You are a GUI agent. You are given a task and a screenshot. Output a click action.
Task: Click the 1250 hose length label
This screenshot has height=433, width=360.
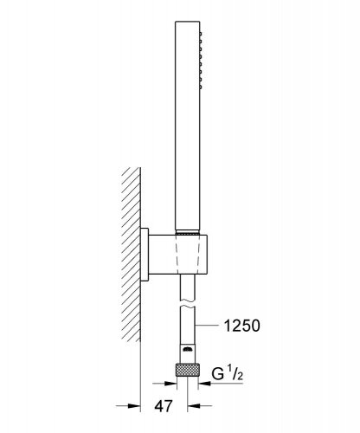pos(242,326)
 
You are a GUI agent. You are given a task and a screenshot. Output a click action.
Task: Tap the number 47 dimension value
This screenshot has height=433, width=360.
pos(164,406)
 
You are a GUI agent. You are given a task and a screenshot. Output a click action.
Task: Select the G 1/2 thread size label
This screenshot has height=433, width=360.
pos(228,373)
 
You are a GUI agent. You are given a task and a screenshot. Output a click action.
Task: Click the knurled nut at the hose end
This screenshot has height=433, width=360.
pos(188,370)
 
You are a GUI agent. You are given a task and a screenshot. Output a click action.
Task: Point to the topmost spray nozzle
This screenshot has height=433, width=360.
pos(201,34)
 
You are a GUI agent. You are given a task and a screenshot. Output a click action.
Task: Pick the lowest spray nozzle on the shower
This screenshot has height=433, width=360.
pos(201,87)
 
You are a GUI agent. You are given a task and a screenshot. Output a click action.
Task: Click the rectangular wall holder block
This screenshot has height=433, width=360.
pos(178,255)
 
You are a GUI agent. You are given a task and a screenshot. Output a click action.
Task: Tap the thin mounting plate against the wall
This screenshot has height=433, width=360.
pos(145,254)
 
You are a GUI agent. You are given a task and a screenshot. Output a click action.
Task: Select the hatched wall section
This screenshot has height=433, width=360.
pos(132,255)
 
